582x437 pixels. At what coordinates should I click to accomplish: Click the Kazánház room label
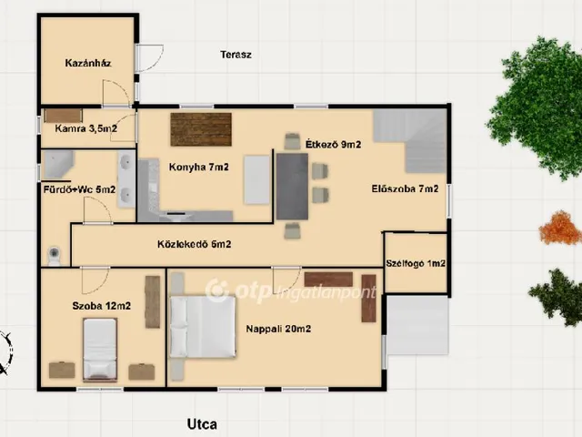pos(88,63)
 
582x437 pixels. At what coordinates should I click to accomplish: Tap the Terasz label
pos(236,55)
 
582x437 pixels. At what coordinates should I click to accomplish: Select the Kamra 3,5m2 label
pos(86,128)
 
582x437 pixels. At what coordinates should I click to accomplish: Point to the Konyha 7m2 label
pos(198,168)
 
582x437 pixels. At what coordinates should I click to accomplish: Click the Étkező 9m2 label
pos(333,144)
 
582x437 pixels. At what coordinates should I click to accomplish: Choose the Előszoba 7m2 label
pos(405,188)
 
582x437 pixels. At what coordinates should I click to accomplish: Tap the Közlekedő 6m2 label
pos(194,244)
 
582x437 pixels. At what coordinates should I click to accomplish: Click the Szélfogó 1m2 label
pos(416,263)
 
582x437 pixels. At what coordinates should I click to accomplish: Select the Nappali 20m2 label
pos(278,329)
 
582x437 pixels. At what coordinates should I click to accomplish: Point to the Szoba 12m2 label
pos(101,306)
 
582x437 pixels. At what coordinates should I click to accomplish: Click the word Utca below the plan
pos(202,424)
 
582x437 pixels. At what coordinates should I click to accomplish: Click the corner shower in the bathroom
pos(58,164)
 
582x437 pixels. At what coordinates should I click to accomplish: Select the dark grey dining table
pos(292,187)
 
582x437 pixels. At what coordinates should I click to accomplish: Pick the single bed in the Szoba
pos(100,350)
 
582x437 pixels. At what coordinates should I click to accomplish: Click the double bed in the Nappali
pos(202,327)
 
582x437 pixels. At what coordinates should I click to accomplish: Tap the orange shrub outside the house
pos(560,228)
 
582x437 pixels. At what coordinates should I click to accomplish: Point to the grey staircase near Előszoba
pos(410,140)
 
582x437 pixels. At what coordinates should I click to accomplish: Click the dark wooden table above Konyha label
pos(201,129)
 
